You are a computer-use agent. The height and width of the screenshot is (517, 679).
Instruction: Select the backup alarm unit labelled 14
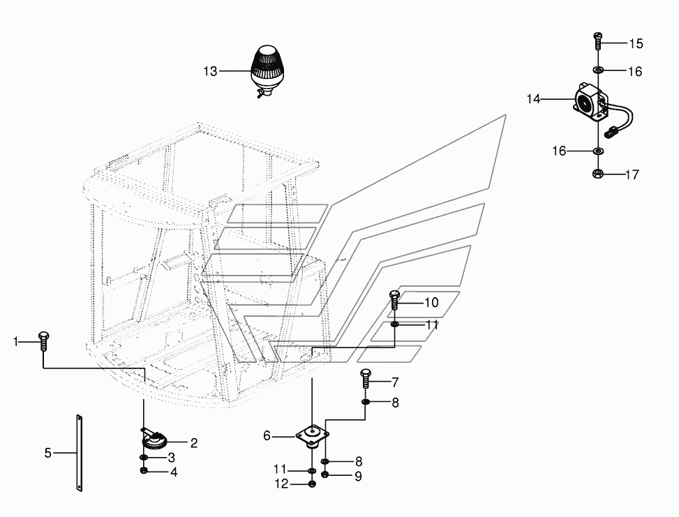click(x=590, y=102)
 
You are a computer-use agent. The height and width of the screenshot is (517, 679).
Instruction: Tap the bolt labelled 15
click(x=597, y=40)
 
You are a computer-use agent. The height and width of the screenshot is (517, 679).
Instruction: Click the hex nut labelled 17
click(x=597, y=174)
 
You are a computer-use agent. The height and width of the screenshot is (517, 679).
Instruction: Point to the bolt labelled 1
click(x=43, y=341)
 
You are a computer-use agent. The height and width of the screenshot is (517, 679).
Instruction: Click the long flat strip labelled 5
click(x=79, y=453)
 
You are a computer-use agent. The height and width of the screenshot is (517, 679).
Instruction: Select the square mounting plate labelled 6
click(x=312, y=435)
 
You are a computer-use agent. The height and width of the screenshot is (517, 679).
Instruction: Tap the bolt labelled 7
click(x=365, y=379)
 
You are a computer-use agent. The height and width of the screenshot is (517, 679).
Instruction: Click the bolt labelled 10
click(x=394, y=300)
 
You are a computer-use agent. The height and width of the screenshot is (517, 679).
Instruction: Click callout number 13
click(x=210, y=71)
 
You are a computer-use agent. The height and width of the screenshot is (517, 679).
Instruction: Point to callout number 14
click(x=533, y=99)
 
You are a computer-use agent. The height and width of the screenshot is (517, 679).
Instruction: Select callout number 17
click(x=632, y=174)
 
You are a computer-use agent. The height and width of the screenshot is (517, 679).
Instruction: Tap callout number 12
click(x=281, y=484)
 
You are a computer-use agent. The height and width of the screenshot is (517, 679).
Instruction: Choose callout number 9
click(x=358, y=477)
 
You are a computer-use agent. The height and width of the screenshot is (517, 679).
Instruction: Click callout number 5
click(x=47, y=453)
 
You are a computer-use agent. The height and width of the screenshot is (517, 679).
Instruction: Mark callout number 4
click(x=174, y=472)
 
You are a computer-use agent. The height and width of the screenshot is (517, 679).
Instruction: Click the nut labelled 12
click(x=312, y=484)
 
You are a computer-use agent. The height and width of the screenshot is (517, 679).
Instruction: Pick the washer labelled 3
click(x=143, y=458)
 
